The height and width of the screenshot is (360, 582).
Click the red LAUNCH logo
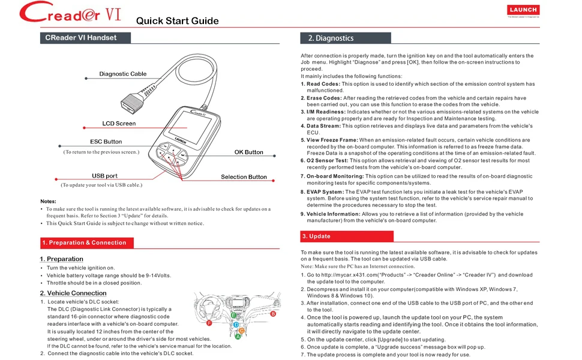pos(523,10)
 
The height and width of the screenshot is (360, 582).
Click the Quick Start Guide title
pos(177,21)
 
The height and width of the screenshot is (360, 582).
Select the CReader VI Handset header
pos(85,38)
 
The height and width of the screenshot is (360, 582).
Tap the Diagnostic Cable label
pos(122,74)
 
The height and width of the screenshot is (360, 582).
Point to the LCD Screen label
pos(119,123)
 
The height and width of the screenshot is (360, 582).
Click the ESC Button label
pos(106,142)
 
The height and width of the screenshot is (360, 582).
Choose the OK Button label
pos(248,152)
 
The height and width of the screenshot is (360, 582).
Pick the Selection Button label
pos(244,177)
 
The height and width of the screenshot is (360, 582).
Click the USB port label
pos(104,176)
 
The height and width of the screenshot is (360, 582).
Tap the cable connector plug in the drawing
pos(132,100)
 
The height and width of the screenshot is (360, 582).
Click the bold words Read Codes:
pos(323,84)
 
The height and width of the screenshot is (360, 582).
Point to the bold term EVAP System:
pos(325,192)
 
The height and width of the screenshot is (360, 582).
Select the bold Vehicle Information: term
pos(334,214)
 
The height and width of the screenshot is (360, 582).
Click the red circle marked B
pos(273,314)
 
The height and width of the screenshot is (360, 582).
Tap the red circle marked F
pos(209,323)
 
